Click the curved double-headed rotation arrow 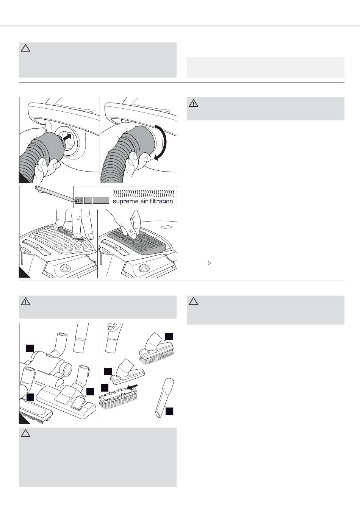coord(163,142)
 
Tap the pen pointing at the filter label coord(56,194)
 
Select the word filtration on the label coord(161,201)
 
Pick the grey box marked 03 coord(79,200)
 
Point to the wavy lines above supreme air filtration coord(144,194)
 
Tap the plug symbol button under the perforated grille coord(65,268)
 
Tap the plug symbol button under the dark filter coord(144,268)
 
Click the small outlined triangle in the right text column coord(210,263)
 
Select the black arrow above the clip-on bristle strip coord(132,387)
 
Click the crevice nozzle coord(164,398)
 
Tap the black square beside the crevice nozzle coord(169,411)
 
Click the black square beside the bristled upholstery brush coord(169,336)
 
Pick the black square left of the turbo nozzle coord(30,348)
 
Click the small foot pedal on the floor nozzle coord(78,404)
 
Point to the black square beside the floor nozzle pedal coord(90,392)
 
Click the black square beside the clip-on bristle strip coord(105,388)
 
